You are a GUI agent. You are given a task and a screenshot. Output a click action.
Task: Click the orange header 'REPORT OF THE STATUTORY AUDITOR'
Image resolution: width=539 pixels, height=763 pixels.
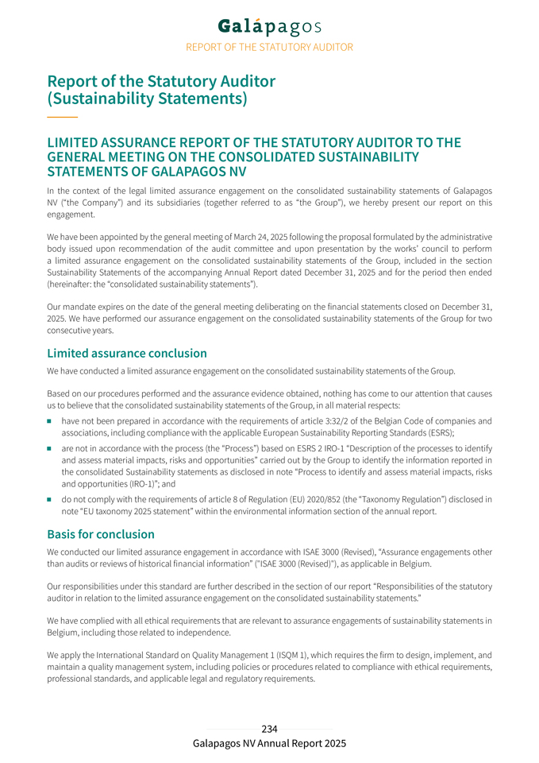click(269, 48)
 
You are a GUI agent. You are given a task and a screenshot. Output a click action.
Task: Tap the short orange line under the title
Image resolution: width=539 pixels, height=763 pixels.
click(62, 118)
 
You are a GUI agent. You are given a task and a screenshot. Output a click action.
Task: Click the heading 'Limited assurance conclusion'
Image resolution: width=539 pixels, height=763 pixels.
click(127, 353)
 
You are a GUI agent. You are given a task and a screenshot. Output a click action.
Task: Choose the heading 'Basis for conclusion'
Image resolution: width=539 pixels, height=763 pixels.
click(101, 534)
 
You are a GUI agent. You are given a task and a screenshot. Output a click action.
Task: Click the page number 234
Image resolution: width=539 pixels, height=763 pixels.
click(269, 729)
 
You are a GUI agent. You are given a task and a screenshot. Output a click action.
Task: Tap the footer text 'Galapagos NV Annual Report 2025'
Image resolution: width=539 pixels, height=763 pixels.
click(269, 743)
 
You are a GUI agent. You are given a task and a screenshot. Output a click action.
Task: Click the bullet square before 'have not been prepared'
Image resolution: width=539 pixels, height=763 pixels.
click(50, 421)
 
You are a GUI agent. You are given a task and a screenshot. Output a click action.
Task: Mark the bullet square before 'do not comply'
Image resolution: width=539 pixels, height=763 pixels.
click(50, 500)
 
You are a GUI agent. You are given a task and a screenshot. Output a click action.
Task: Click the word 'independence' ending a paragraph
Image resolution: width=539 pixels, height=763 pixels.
click(202, 633)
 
